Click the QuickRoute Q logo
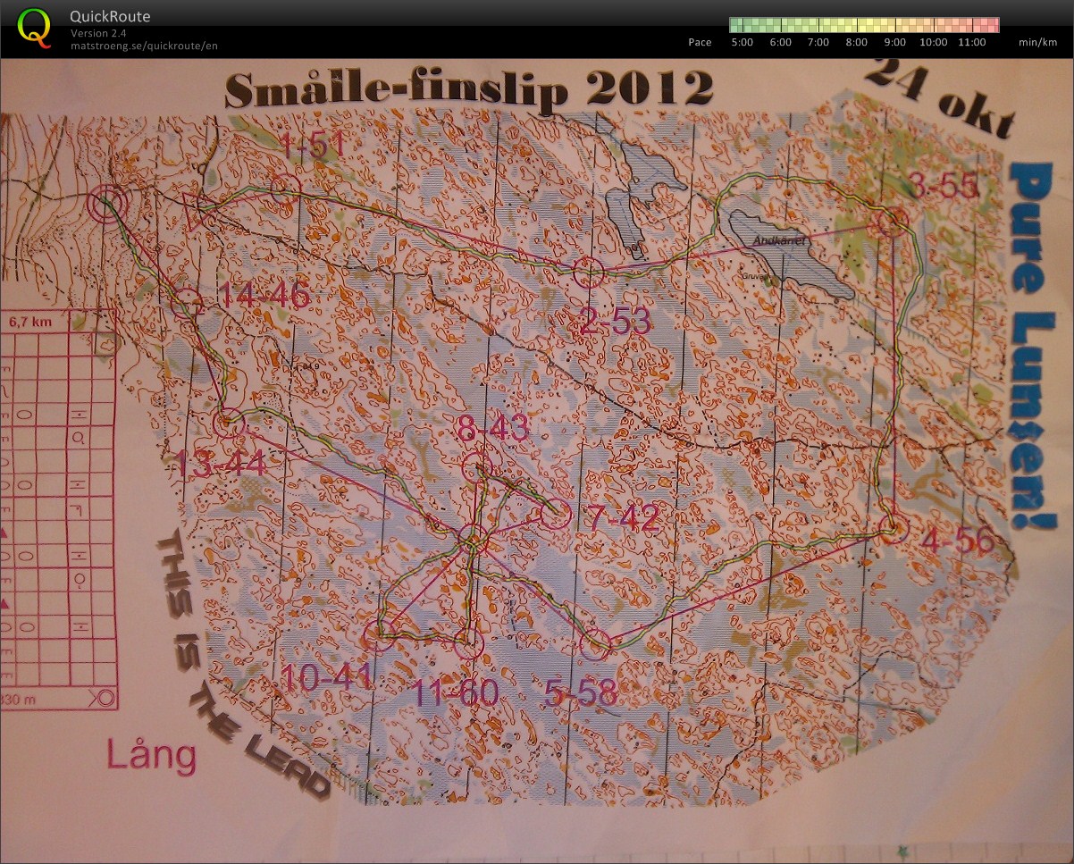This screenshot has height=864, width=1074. point(34,27)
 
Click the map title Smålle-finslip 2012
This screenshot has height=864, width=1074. point(468,89)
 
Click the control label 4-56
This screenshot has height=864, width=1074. point(959,541)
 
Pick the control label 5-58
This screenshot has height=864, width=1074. point(580,692)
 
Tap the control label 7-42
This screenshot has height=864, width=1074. point(623,518)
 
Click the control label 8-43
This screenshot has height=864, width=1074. point(493,429)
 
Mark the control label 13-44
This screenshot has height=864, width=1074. point(220,464)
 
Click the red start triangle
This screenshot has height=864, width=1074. point(196,211)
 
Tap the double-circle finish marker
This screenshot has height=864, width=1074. point(108,205)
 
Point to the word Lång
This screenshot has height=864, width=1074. point(151,756)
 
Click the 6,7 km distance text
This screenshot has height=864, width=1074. point(27,323)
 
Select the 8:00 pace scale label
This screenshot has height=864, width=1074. point(856,42)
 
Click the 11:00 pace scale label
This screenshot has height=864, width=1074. point(970,42)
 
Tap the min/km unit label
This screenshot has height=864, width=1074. point(1036,42)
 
